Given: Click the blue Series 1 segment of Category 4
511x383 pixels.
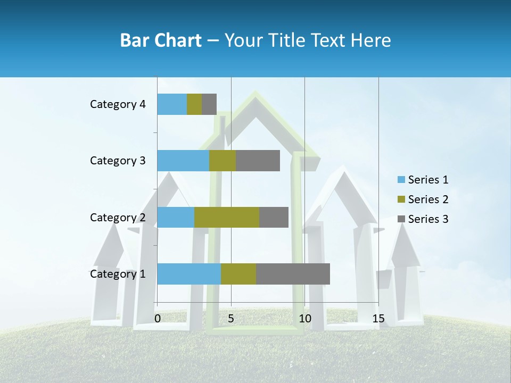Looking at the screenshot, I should [172, 104].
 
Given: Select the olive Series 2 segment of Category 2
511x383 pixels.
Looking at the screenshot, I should [226, 217].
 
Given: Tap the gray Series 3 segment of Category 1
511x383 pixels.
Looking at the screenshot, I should [293, 274].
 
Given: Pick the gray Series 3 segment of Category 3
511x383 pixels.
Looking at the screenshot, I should [258, 161].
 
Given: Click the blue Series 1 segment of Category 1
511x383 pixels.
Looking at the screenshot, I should [189, 274].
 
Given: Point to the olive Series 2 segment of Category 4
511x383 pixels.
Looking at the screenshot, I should [194, 104].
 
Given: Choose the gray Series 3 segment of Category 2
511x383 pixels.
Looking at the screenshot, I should [274, 217].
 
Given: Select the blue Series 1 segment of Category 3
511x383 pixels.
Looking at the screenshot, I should [183, 161].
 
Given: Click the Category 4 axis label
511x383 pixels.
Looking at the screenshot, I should [118, 104].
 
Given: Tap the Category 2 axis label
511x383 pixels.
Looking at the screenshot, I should [118, 217].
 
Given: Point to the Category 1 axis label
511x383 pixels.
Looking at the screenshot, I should [118, 274].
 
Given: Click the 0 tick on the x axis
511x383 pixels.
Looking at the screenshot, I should [158, 319].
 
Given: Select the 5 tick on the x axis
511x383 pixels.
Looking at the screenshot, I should [231, 319].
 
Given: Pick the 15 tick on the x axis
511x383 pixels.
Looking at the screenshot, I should [378, 319].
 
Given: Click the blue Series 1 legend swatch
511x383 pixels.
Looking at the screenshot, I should [401, 180].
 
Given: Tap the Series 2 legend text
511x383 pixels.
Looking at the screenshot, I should [428, 199].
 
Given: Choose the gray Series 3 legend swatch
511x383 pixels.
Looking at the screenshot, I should [401, 219].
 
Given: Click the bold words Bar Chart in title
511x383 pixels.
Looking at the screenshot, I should [160, 40].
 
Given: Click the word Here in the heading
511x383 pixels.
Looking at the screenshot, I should [373, 40].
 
